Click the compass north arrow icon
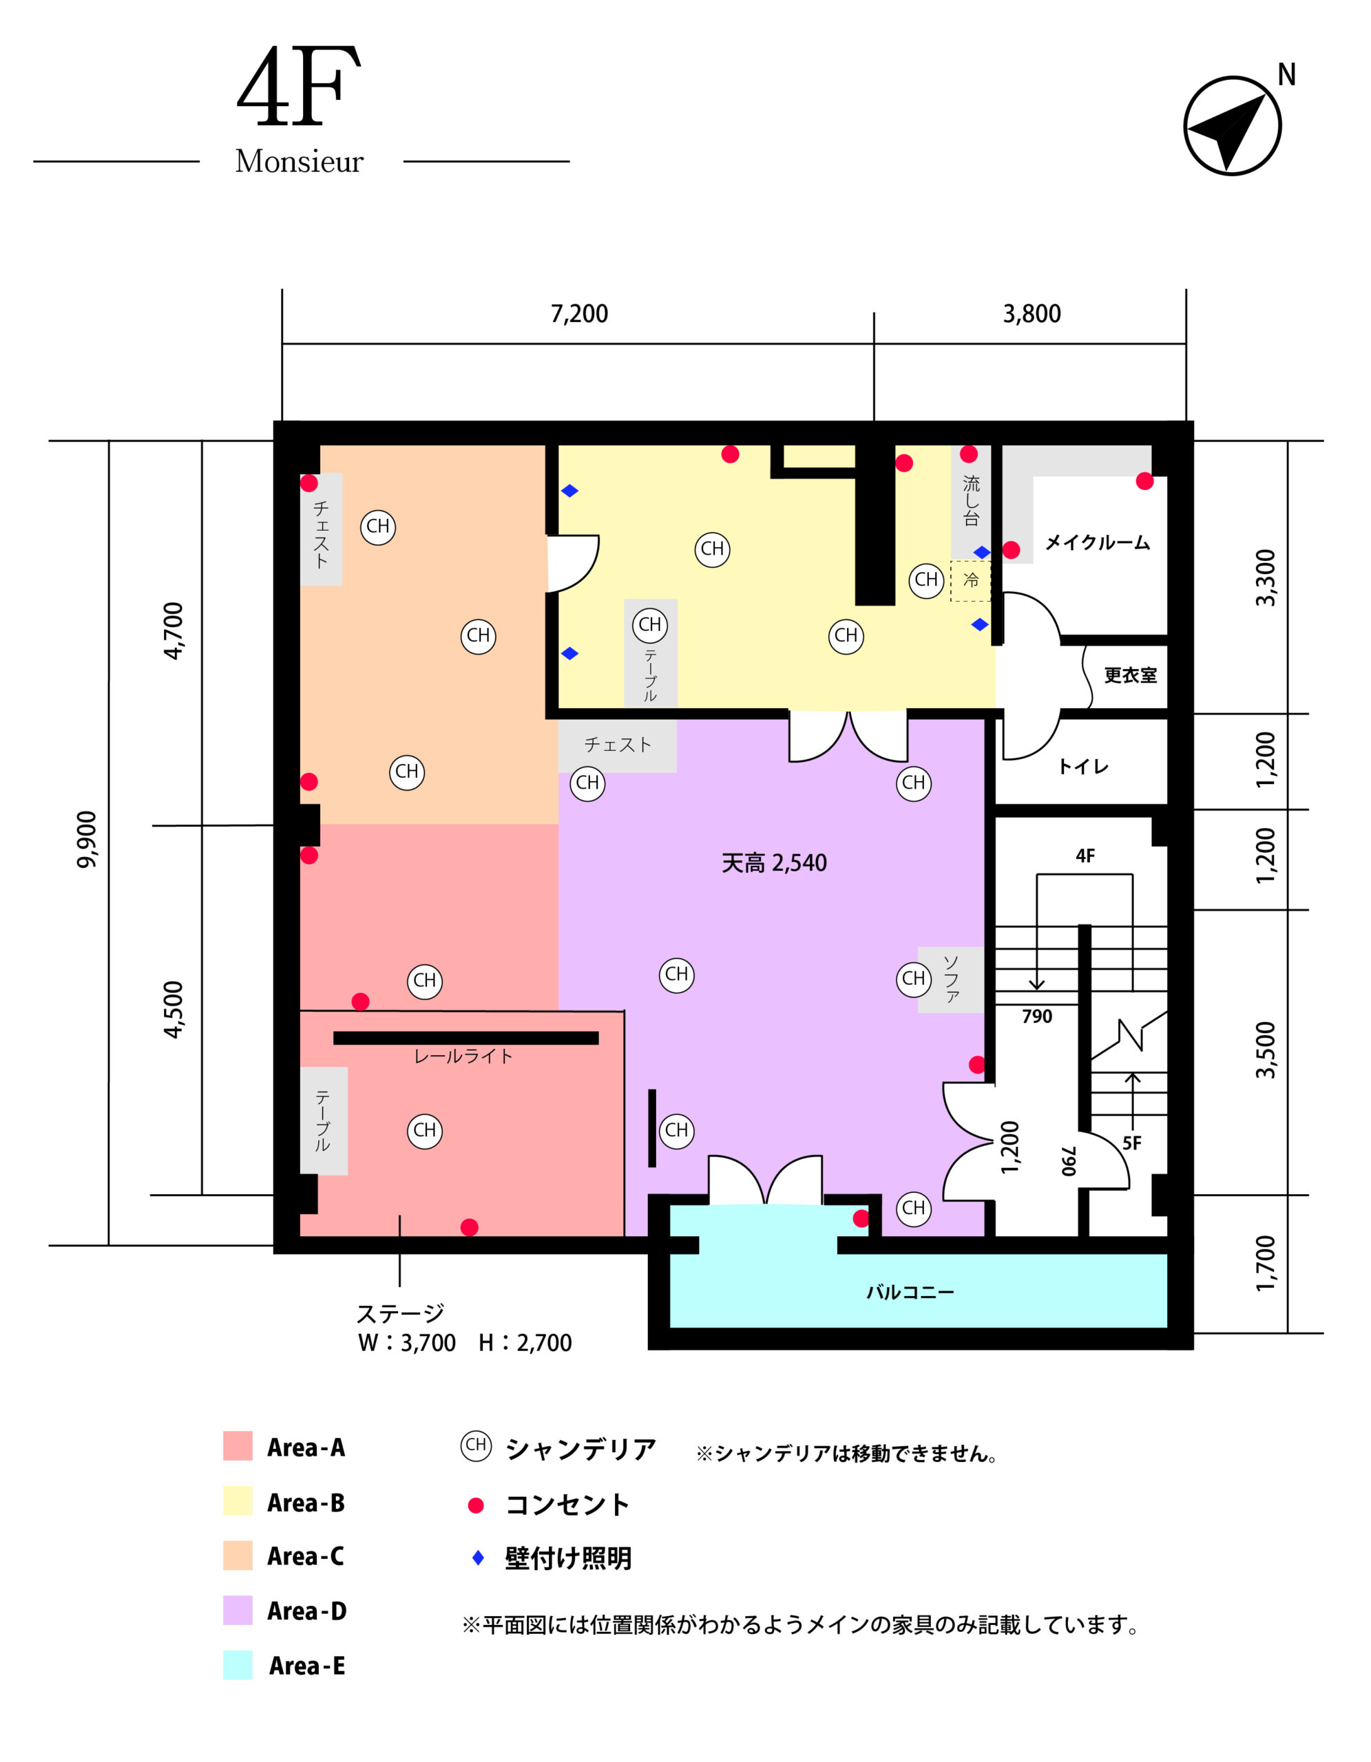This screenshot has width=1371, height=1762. (x=1231, y=126)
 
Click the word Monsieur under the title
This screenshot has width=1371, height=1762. (x=300, y=161)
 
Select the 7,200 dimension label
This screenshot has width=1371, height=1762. (x=578, y=314)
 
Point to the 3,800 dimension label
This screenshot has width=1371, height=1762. (x=1032, y=314)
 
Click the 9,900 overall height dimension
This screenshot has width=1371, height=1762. (x=86, y=840)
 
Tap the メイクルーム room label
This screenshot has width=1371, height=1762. (x=1097, y=542)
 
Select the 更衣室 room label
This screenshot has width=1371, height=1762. (x=1130, y=675)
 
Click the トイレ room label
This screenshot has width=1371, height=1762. (x=1083, y=767)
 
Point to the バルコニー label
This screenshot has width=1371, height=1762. (x=910, y=1293)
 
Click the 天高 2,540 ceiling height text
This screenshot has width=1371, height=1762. (x=774, y=863)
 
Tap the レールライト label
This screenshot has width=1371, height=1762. (x=463, y=1056)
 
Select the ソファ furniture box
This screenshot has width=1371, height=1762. (x=950, y=979)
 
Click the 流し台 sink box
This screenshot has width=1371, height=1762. (x=971, y=502)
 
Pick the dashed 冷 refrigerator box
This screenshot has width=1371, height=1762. (x=971, y=580)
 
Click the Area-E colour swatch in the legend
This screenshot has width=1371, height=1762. (x=238, y=1665)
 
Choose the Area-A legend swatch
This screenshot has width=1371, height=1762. (x=238, y=1446)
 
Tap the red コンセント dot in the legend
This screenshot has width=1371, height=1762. (x=476, y=1505)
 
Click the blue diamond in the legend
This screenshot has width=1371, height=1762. (x=478, y=1558)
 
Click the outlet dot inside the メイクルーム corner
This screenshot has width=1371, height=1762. (x=1144, y=482)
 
